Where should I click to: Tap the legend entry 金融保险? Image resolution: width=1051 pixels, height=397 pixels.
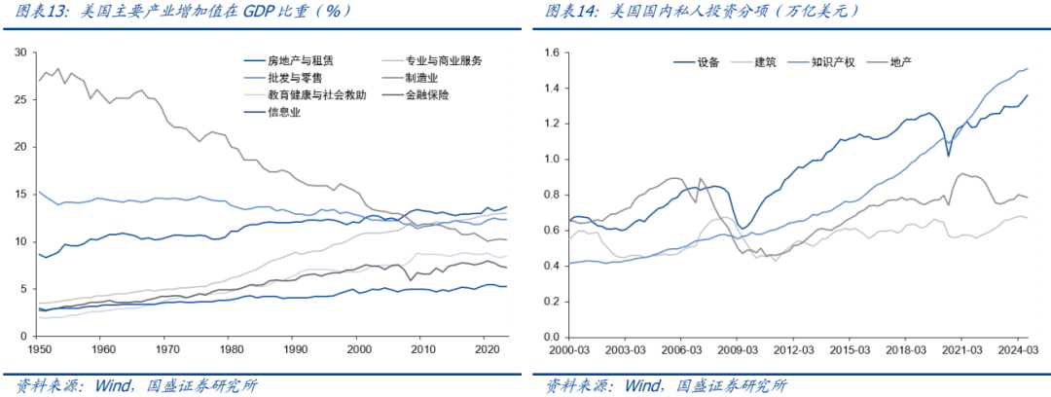[x=443, y=94]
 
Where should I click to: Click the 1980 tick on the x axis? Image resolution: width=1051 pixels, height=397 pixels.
[x=230, y=348]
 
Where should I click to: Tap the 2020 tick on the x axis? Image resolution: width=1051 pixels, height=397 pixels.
[x=486, y=348]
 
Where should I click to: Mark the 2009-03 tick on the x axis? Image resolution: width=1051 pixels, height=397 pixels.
[x=737, y=348]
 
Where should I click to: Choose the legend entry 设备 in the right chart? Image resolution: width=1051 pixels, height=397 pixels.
[x=707, y=63]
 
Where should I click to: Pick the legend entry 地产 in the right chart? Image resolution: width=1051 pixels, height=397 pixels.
[x=899, y=63]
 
